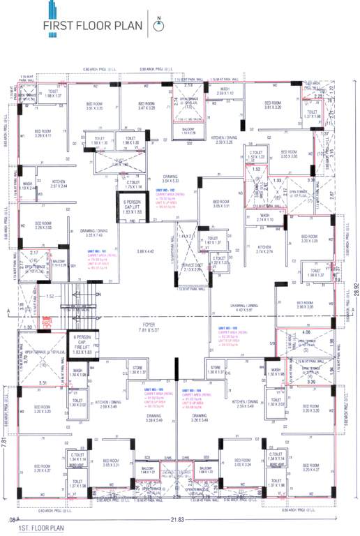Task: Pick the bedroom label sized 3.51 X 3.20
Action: click(95, 106)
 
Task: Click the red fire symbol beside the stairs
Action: click(47, 322)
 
